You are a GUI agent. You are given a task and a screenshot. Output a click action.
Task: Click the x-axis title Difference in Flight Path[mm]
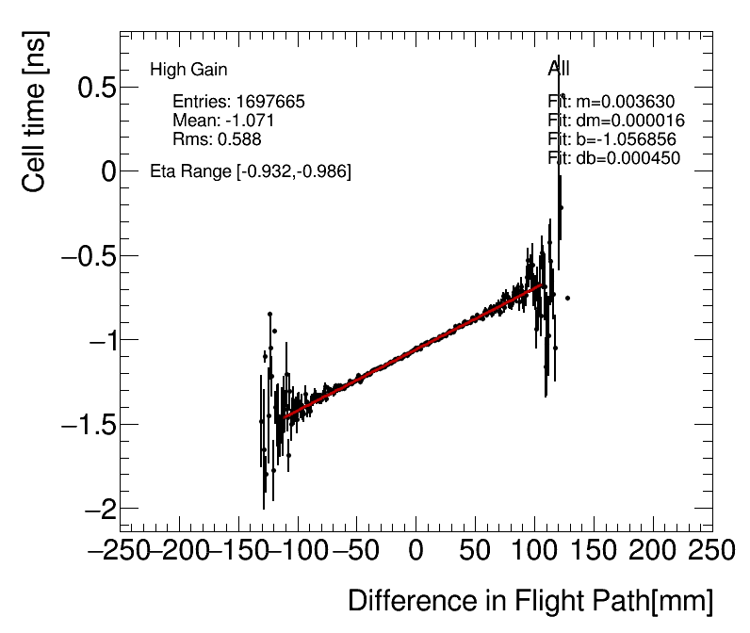(530, 601)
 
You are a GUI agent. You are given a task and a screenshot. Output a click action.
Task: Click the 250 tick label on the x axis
(712, 550)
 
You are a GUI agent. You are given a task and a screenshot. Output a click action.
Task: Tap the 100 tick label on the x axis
(534, 550)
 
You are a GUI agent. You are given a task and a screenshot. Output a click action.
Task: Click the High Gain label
(188, 70)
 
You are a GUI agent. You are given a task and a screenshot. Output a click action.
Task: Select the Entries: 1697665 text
(238, 102)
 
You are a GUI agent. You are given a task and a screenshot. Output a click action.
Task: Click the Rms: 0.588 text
(217, 139)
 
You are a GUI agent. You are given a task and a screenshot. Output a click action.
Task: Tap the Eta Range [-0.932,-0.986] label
(251, 171)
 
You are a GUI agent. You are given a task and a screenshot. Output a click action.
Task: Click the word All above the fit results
(559, 69)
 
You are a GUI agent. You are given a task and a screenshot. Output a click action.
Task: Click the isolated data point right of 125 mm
(567, 298)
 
